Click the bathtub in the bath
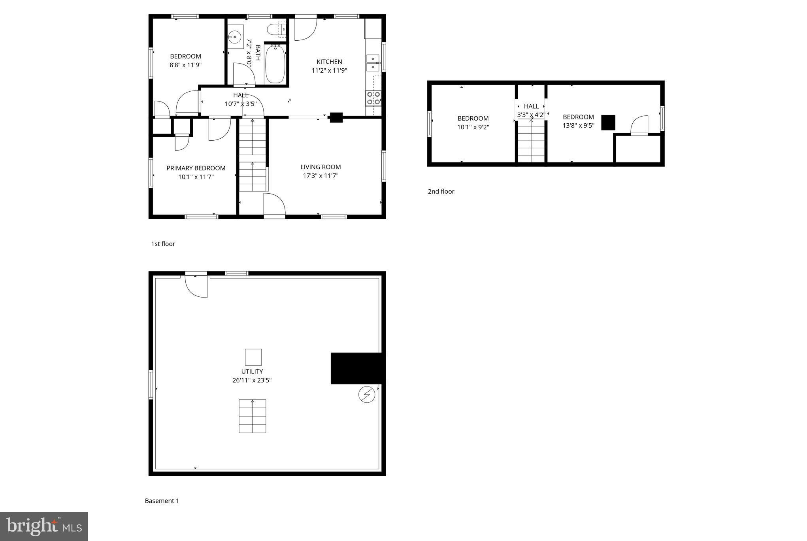coord(275,64)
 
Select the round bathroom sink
coord(235,37)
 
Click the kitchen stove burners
coord(373,98)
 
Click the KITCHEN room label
coord(329,62)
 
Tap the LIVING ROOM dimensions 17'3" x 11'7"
coord(321,175)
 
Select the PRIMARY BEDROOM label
coord(196,168)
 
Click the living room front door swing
coord(275,205)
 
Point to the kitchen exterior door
coord(305,28)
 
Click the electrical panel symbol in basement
coord(366,394)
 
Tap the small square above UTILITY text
coord(253,357)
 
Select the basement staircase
coord(252,416)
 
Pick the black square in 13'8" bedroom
coord(608,123)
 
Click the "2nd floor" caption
coord(441,191)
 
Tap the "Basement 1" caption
coord(162,501)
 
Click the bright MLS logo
coord(44,526)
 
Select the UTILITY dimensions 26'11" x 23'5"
coord(252,380)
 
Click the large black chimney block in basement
coord(357,368)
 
